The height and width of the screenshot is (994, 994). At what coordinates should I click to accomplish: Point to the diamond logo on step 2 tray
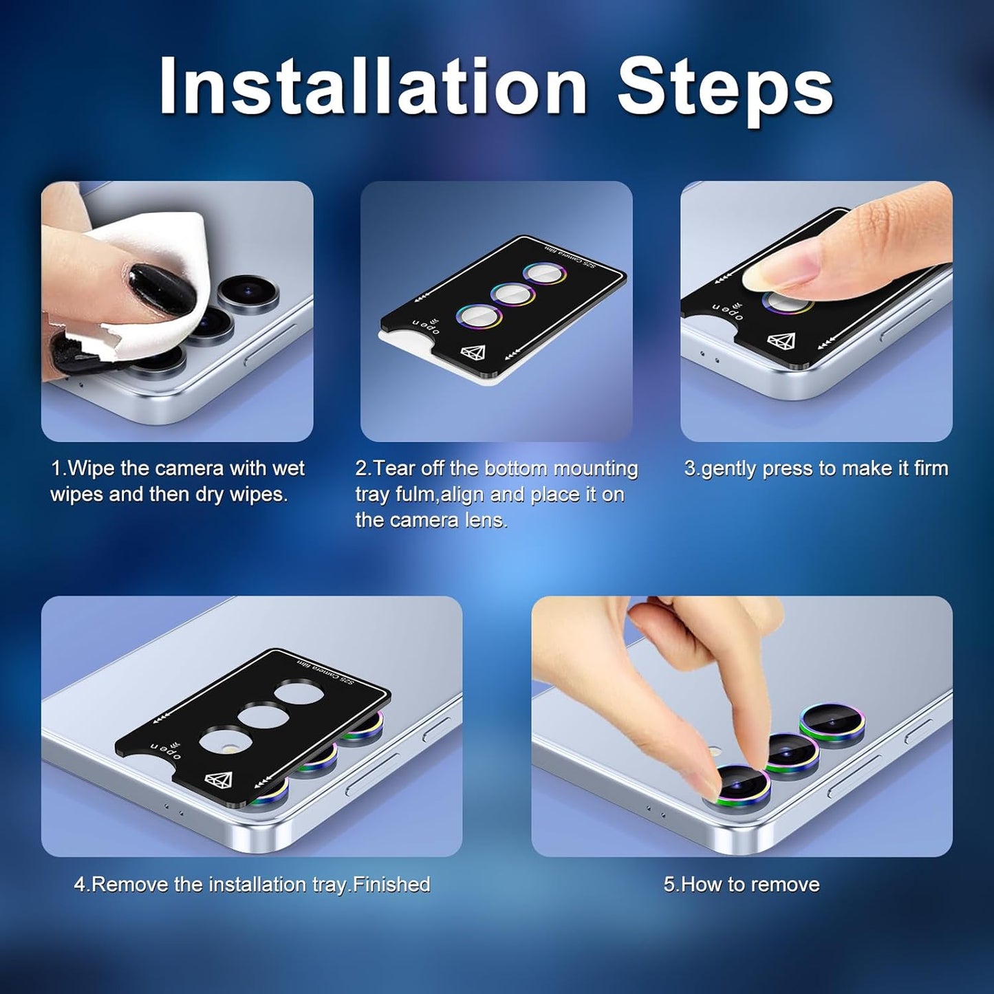473,353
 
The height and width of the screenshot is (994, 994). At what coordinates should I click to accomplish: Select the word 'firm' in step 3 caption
927,468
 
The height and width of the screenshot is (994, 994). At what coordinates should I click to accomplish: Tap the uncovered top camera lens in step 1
248,292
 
